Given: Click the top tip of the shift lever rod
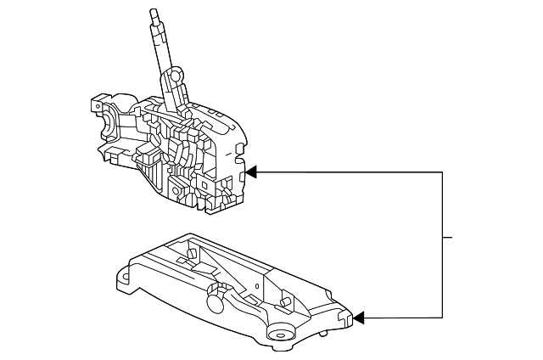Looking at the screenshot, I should coord(153,11).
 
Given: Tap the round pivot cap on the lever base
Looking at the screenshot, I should coord(175,76).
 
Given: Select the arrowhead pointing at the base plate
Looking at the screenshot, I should coord(358,318).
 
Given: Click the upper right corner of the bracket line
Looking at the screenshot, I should coord(442,172).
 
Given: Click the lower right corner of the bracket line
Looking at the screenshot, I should coord(442,318).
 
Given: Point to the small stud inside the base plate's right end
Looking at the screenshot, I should coord(288,303).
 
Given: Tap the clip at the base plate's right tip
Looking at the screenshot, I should coord(345,318).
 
